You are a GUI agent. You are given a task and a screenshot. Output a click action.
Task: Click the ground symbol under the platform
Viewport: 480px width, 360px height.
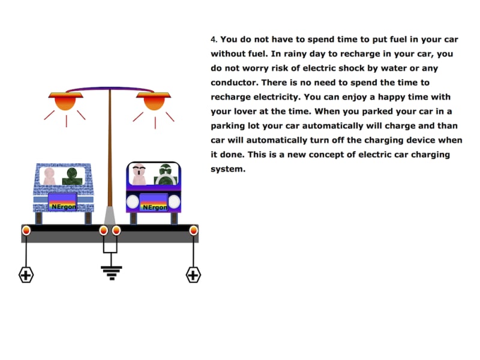point(112,273)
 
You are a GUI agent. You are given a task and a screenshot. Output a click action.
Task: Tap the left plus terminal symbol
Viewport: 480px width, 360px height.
point(26,275)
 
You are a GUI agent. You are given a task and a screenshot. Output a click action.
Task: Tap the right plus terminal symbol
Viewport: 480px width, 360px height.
point(193,275)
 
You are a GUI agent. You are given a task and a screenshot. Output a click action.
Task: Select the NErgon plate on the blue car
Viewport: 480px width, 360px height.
point(62,202)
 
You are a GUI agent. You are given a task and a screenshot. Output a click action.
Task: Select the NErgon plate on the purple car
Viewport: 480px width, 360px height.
point(154,203)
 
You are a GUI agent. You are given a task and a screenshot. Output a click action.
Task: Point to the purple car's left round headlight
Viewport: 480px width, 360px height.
point(133,202)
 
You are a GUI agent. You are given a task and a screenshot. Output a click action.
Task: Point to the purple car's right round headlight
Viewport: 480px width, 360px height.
point(174,202)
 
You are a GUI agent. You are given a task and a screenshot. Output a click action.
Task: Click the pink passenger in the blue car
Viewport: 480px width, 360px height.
point(49,176)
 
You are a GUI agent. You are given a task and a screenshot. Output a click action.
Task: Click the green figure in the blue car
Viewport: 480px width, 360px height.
point(73,176)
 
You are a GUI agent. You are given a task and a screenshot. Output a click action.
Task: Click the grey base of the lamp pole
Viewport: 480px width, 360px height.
point(110,215)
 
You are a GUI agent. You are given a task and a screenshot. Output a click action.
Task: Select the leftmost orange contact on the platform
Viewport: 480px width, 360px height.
point(26,230)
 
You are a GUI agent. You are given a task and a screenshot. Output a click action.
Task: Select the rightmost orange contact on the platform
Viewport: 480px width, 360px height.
point(193,230)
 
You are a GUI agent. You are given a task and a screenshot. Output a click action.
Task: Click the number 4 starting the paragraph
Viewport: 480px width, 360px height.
point(214,40)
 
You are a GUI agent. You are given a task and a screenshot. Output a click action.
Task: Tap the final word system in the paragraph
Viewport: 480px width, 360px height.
point(228,169)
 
